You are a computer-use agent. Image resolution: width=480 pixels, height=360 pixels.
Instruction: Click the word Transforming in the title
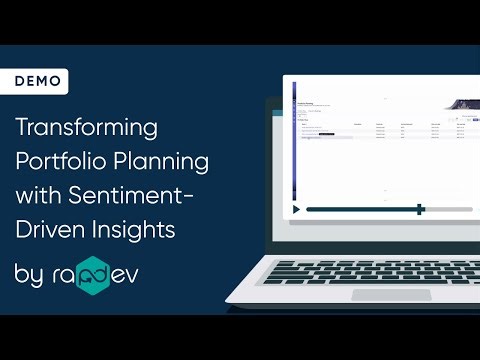tap(87, 130)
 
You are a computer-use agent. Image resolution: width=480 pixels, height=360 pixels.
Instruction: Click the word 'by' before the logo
tap(29, 274)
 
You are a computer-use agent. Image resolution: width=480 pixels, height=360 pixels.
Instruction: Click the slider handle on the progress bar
tap(421, 209)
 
